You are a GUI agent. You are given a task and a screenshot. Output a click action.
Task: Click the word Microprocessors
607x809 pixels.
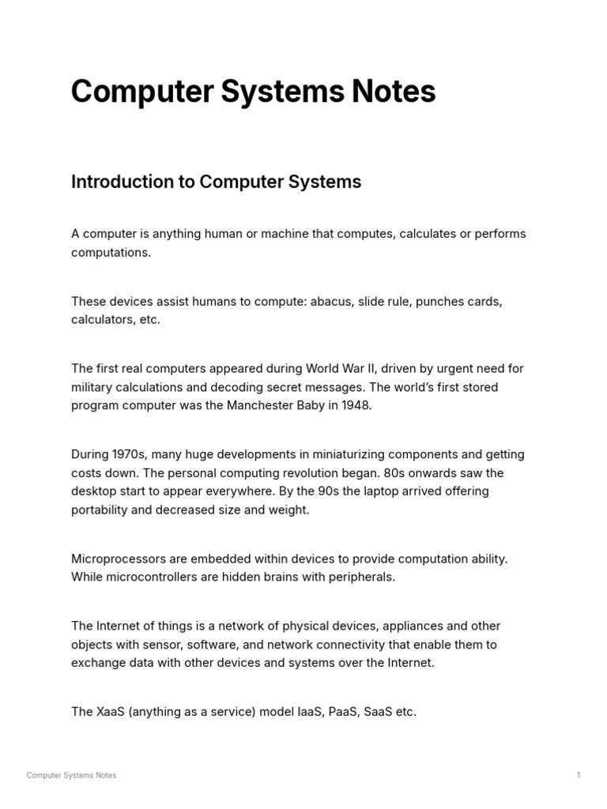(x=115, y=559)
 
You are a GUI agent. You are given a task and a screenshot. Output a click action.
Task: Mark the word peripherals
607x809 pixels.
(x=358, y=577)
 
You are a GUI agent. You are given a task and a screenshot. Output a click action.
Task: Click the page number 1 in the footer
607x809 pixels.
(x=579, y=775)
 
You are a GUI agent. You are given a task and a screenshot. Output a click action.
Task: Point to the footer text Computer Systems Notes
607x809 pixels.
(x=71, y=775)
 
